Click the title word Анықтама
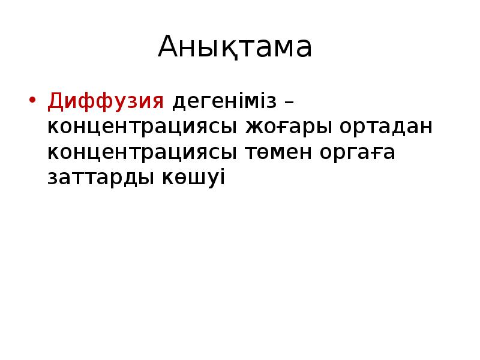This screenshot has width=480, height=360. pyautogui.click(x=235, y=48)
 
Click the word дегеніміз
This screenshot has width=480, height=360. pyautogui.click(x=225, y=103)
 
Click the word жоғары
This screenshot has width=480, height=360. pyautogui.click(x=289, y=128)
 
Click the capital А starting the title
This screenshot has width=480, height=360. pyautogui.click(x=170, y=48)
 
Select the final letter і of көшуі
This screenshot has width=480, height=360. pyautogui.click(x=221, y=178)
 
